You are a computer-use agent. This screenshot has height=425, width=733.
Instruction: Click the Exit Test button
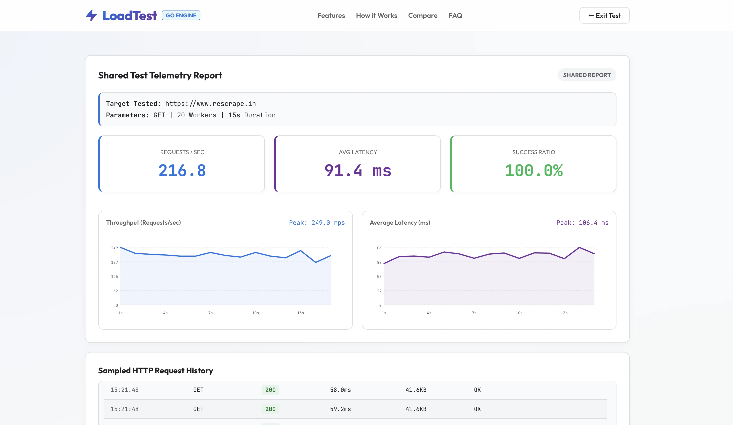pyautogui.click(x=604, y=15)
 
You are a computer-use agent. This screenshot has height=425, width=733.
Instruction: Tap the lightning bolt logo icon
pyautogui.click(x=91, y=15)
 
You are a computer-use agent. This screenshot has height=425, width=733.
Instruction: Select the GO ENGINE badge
pyautogui.click(x=181, y=15)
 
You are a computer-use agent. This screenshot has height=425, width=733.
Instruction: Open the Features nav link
pyautogui.click(x=331, y=15)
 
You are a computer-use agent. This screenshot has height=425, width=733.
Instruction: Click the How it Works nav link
pyautogui.click(x=376, y=15)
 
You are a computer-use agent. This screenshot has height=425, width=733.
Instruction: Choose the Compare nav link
pyautogui.click(x=423, y=15)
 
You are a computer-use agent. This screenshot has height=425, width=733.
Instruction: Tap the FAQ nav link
pyautogui.click(x=455, y=15)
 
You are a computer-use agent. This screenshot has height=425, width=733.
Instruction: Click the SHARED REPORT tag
pyautogui.click(x=587, y=75)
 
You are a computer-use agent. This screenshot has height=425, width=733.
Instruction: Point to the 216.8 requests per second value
pyautogui.click(x=182, y=171)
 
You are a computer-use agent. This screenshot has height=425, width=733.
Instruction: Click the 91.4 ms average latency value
pyautogui.click(x=358, y=171)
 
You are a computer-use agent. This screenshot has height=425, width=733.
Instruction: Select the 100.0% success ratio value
pyautogui.click(x=534, y=171)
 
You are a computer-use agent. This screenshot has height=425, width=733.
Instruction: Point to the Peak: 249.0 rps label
pyautogui.click(x=317, y=223)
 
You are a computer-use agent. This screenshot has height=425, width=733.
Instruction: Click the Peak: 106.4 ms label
pyautogui.click(x=582, y=223)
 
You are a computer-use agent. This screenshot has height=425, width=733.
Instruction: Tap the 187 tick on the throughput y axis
pyautogui.click(x=114, y=262)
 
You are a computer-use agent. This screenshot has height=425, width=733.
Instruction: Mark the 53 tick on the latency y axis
pyautogui.click(x=379, y=277)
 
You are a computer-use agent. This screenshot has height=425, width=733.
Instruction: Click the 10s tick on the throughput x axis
pyautogui.click(x=255, y=313)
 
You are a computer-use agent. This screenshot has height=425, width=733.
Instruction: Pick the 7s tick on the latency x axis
pyautogui.click(x=474, y=313)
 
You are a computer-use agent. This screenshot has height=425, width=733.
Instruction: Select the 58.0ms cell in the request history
pyautogui.click(x=340, y=390)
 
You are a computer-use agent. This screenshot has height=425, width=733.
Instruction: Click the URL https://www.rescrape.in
pyautogui.click(x=210, y=104)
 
